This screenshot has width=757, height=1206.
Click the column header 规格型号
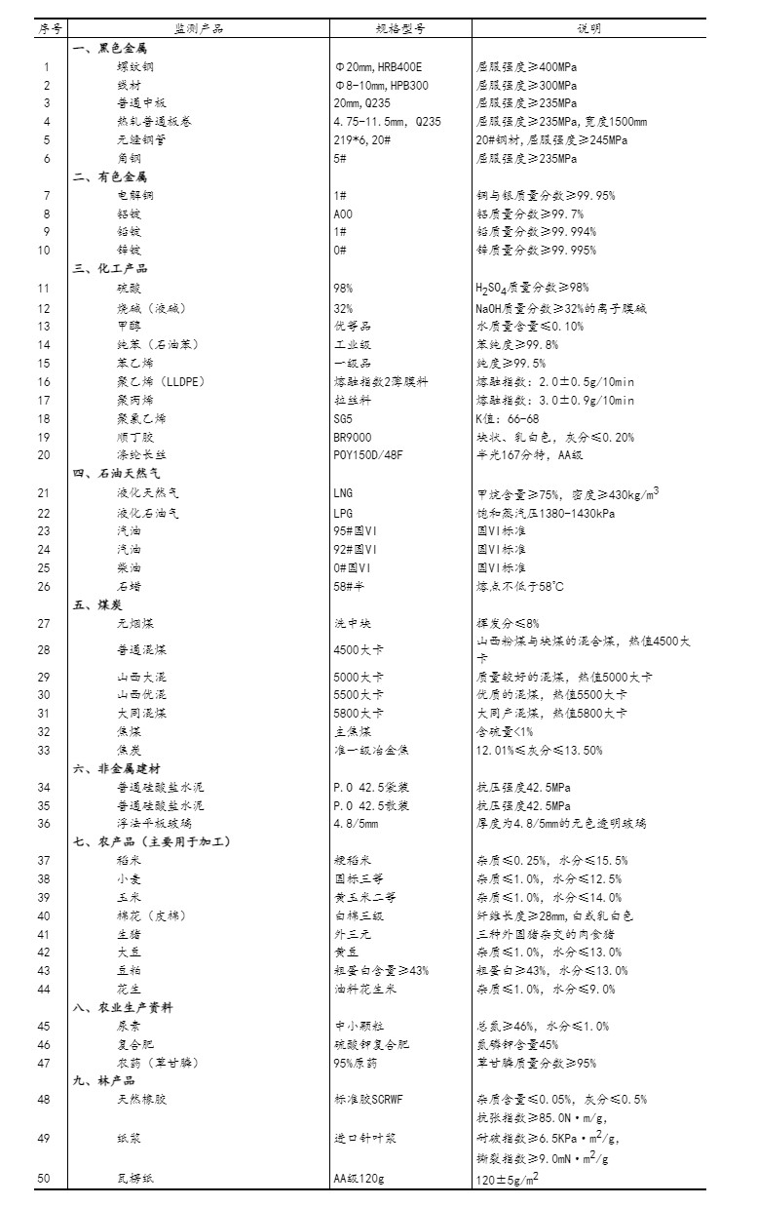(x=399, y=28)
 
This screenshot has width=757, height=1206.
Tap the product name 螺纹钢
(x=135, y=67)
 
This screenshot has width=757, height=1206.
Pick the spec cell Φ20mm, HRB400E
(x=378, y=67)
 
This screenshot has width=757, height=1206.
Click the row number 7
(x=46, y=196)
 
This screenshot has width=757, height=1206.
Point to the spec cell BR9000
(x=353, y=438)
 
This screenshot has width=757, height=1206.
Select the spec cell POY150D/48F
(x=366, y=455)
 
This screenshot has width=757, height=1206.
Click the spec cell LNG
(x=343, y=493)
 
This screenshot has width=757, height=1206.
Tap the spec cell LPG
(x=343, y=512)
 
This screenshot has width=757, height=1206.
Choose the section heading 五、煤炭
(x=95, y=604)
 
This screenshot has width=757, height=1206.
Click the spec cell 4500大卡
(x=359, y=649)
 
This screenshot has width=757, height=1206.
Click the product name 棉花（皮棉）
(x=151, y=916)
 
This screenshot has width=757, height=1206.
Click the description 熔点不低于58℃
(x=520, y=586)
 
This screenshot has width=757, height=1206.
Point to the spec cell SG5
(x=343, y=419)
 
